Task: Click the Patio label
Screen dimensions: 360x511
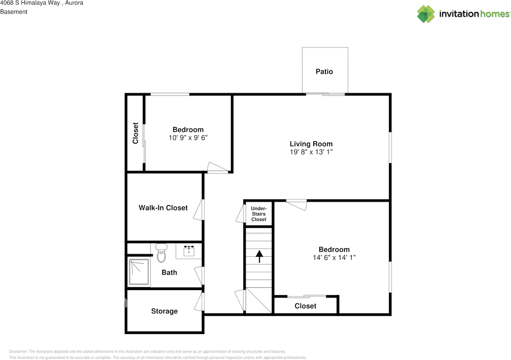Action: (324, 72)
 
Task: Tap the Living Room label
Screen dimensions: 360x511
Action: (311, 144)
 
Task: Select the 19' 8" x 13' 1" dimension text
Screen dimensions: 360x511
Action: (311, 152)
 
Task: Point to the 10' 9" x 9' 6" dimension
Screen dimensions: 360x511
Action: (188, 138)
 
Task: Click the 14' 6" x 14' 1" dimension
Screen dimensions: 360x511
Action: (334, 258)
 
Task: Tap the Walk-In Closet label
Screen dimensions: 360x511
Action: (163, 208)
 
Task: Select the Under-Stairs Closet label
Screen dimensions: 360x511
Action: (259, 214)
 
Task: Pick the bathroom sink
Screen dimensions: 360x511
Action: (189, 251)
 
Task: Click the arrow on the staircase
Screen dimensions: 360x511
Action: (259, 256)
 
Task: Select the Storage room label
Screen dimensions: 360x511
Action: (164, 311)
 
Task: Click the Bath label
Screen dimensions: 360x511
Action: (169, 273)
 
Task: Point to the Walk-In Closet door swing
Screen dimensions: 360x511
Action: (198, 210)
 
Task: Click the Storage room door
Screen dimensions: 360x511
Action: (199, 302)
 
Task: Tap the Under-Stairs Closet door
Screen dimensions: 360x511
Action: (240, 214)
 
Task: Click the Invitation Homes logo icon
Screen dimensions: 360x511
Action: (426, 14)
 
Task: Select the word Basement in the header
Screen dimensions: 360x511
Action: (14, 12)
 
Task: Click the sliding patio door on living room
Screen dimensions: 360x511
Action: (325, 94)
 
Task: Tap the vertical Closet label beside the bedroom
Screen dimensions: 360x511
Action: (135, 133)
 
